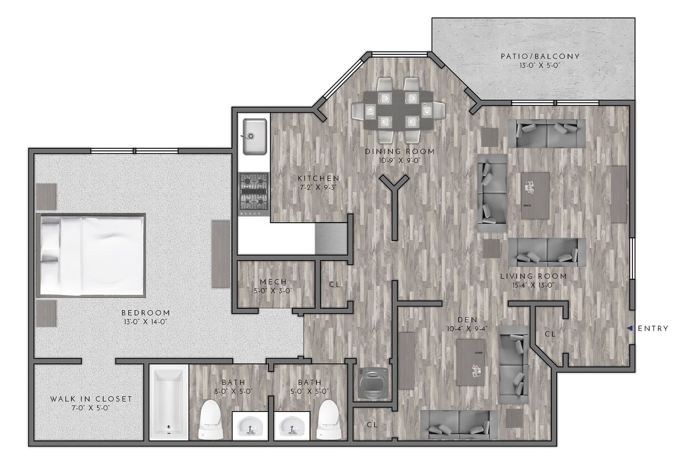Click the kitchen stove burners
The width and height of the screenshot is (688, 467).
254,193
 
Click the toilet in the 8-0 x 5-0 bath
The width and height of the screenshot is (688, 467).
210,420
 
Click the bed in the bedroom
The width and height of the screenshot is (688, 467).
92,255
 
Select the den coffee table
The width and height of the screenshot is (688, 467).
471,361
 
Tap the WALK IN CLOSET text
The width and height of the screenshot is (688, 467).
91,399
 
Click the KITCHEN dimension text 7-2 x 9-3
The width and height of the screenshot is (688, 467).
318,187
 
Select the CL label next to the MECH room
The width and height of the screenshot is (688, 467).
334,284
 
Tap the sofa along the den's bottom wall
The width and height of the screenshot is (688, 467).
458,424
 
